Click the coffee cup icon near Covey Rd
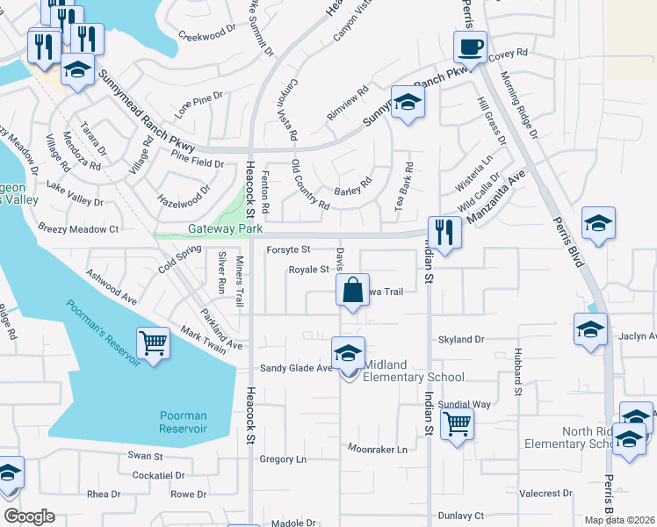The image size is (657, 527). pos(470,47)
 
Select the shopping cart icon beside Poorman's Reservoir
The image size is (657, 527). pos(153,343)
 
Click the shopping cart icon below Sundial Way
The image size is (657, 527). pos(457,424)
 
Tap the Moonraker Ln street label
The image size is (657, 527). pos(378,449)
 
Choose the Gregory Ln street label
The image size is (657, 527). pos(283,458)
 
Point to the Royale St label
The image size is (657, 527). pos(308,270)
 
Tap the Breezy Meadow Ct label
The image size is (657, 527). pos(78,228)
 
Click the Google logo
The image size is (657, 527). pos(29,516)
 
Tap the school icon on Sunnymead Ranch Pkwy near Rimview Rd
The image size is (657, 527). pos(408,105)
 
